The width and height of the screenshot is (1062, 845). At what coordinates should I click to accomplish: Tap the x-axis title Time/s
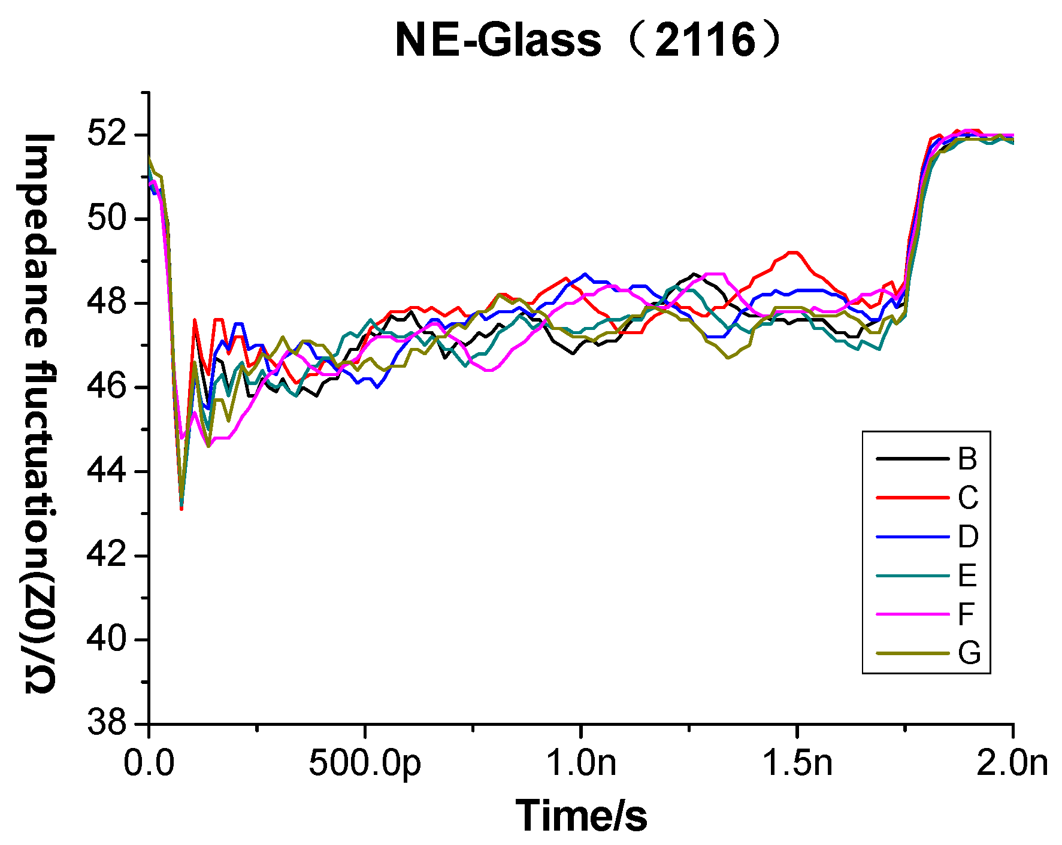(581, 816)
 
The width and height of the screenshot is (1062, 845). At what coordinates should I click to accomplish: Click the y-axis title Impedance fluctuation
(40, 413)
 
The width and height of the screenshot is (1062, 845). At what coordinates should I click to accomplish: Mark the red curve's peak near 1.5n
(794, 252)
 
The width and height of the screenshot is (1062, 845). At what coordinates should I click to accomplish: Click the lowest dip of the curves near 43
(181, 508)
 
